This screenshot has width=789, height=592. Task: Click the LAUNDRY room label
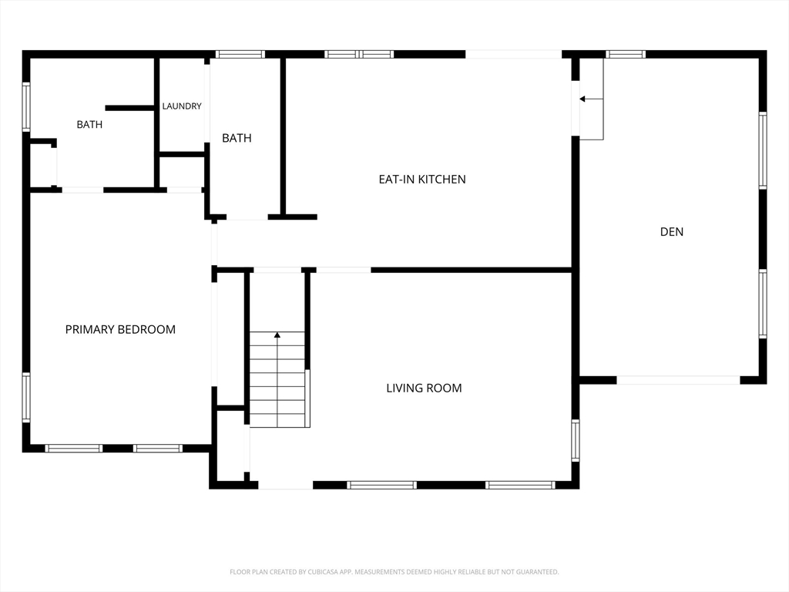click(x=182, y=106)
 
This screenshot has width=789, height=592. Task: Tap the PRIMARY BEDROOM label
click(x=120, y=330)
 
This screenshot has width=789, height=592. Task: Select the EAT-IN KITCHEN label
click(x=422, y=179)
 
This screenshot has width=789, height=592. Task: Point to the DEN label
click(x=672, y=231)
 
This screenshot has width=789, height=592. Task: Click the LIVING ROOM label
click(x=425, y=388)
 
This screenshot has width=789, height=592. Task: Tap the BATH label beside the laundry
click(x=237, y=138)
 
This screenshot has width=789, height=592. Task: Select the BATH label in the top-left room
click(x=89, y=124)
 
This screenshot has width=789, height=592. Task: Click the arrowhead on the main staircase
click(x=277, y=335)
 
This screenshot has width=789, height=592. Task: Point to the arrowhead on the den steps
click(x=583, y=99)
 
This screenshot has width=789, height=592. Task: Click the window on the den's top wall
click(x=625, y=55)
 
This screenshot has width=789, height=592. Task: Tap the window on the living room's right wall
click(x=575, y=440)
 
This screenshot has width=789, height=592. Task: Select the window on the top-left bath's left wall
click(x=26, y=107)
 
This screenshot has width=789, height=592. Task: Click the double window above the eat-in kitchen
click(x=359, y=55)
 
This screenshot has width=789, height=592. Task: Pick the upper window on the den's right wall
click(x=763, y=150)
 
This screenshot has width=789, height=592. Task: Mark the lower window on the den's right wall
click(x=763, y=304)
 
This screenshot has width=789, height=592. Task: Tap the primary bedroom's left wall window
click(x=26, y=397)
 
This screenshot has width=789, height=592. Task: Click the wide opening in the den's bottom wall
click(x=678, y=380)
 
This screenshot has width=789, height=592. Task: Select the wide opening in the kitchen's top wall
click(x=513, y=55)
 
